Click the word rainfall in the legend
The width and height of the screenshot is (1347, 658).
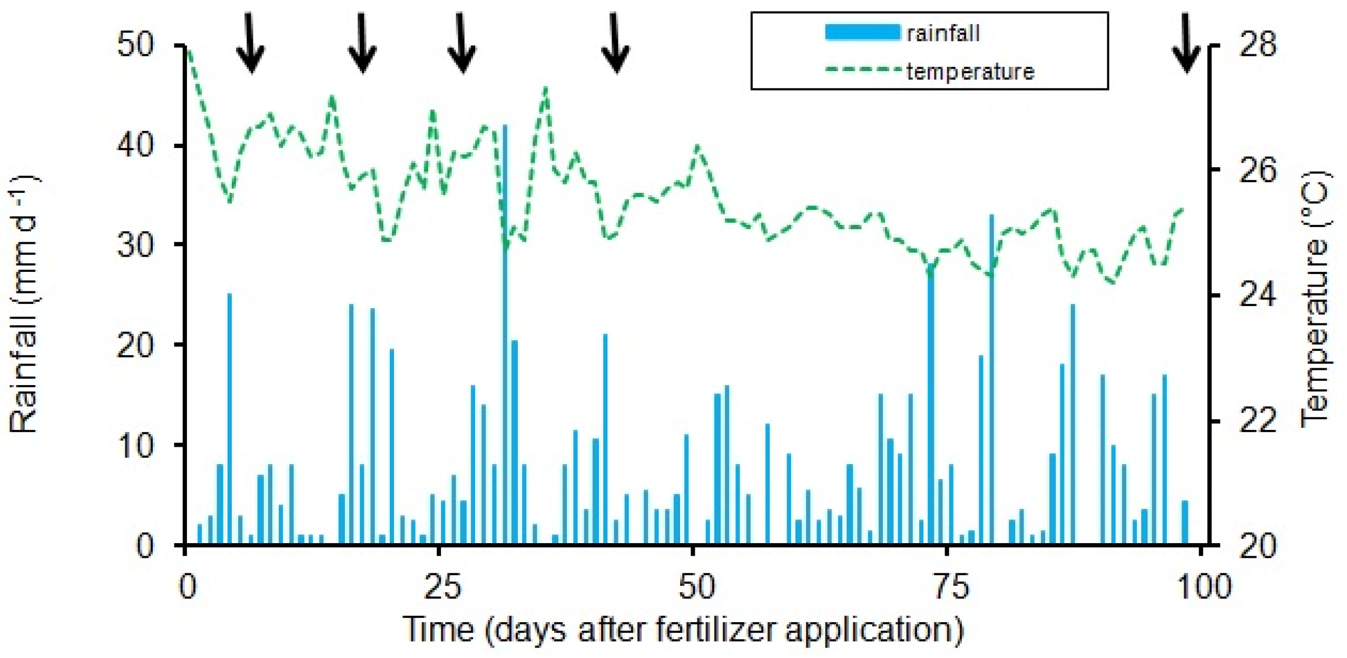click(943, 33)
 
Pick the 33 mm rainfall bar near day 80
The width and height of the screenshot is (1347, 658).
click(991, 379)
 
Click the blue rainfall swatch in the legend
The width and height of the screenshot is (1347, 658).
click(862, 33)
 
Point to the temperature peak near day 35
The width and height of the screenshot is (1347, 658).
click(546, 89)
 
